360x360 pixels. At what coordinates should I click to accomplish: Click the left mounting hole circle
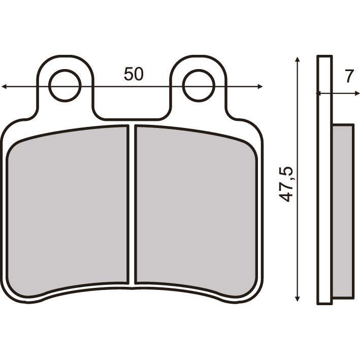tap(66, 85)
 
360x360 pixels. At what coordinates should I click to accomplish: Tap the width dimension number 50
tap(134, 74)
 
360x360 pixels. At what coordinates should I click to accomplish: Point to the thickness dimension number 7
tap(348, 76)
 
